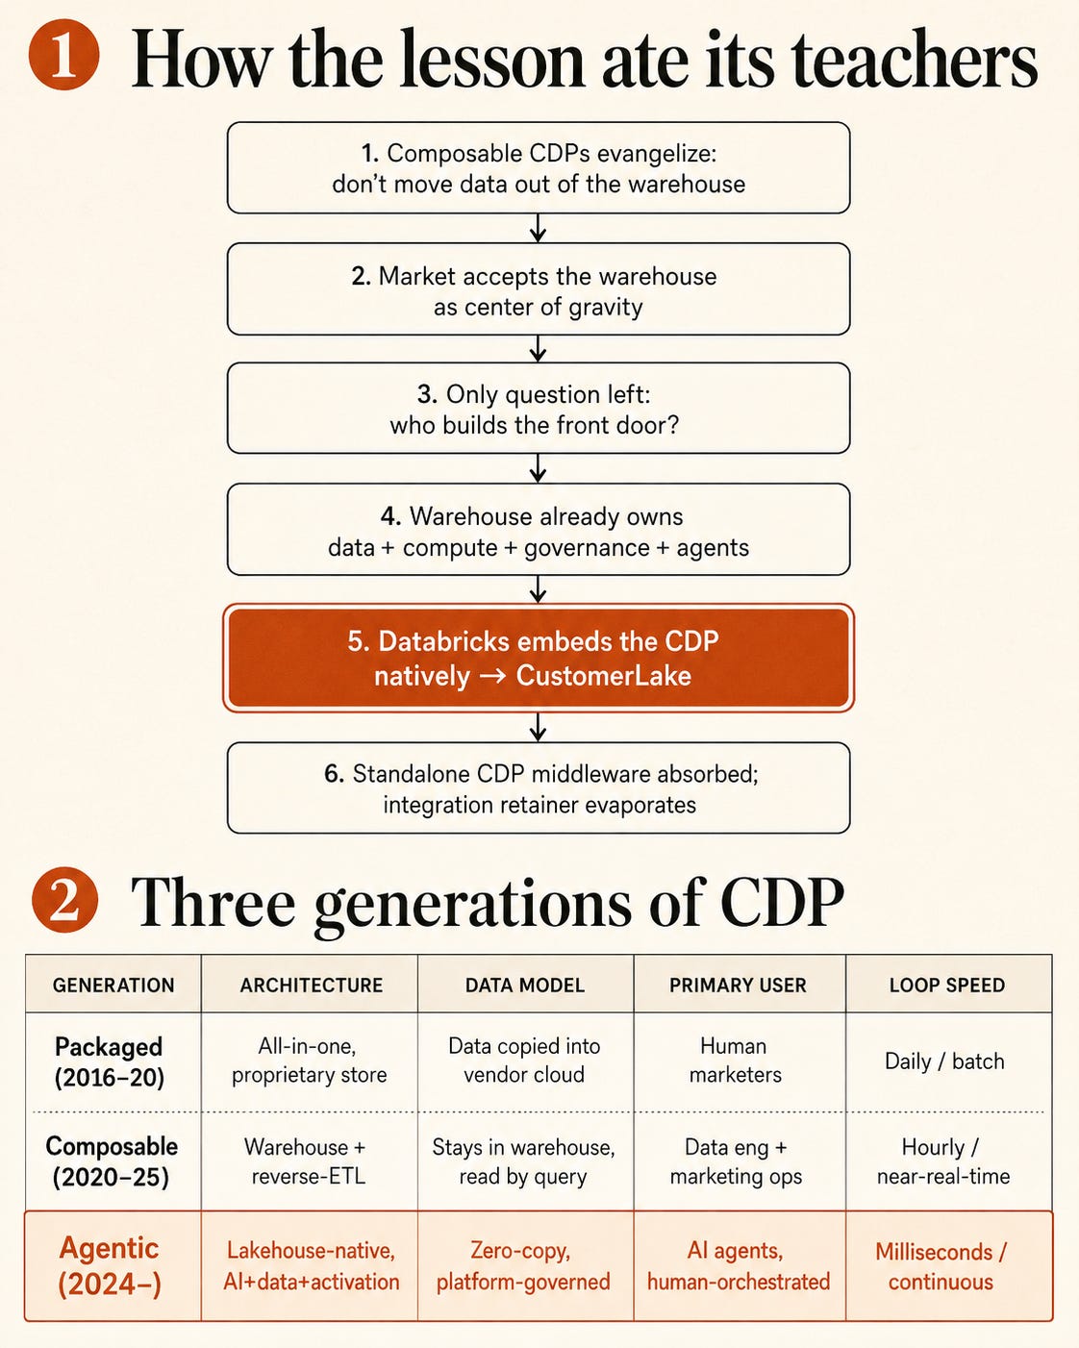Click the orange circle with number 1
(x=63, y=55)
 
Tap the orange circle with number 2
(x=65, y=900)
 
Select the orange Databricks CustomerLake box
(x=539, y=658)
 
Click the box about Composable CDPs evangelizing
(x=539, y=168)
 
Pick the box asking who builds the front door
(x=539, y=409)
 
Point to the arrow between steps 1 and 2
(x=539, y=228)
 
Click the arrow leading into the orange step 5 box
(x=539, y=589)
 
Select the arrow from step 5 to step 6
(x=539, y=727)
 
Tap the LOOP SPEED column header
(x=947, y=986)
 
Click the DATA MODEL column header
(x=524, y=986)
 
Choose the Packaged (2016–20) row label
(x=109, y=1062)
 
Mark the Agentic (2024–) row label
(x=110, y=1266)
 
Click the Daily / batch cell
(x=944, y=1061)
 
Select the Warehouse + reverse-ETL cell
(x=307, y=1161)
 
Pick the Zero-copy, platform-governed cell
(x=523, y=1266)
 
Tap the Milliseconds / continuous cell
(x=941, y=1266)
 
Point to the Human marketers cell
(x=735, y=1060)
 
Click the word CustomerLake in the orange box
(x=603, y=676)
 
